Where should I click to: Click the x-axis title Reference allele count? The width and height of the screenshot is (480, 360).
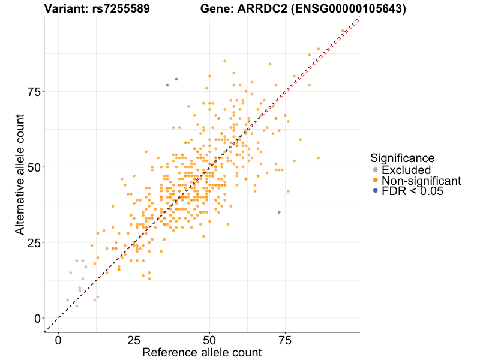click(202, 353)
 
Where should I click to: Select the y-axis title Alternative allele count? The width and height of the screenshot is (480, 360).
click(20, 174)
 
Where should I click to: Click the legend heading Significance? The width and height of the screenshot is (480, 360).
click(402, 158)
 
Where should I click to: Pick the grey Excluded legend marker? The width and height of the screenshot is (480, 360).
click(376, 170)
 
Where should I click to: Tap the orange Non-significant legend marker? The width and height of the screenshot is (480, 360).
click(376, 181)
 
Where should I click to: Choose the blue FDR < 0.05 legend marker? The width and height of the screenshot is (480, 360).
click(376, 191)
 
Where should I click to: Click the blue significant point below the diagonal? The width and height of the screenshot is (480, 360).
click(279, 212)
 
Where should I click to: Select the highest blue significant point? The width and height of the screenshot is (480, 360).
click(176, 79)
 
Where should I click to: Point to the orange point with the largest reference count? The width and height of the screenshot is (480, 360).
click(343, 31)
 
